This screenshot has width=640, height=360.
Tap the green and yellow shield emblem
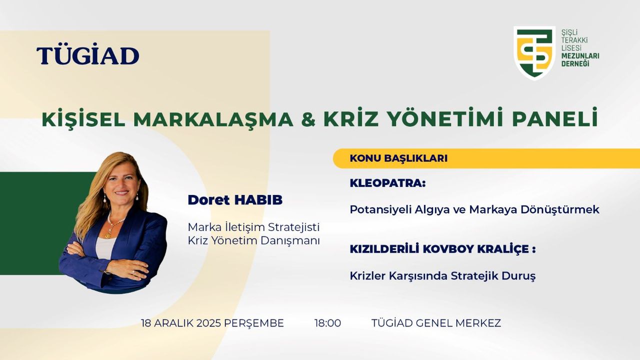click(534, 53)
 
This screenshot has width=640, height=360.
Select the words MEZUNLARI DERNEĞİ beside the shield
click(580, 59)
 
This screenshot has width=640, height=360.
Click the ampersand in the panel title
click(308, 119)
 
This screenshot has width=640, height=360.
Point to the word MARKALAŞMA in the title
click(213, 119)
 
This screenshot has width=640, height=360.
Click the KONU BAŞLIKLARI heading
click(398, 158)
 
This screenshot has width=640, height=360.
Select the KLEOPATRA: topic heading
click(387, 183)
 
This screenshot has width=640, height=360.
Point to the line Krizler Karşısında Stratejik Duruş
click(442, 276)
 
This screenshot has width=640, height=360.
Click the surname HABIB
click(258, 200)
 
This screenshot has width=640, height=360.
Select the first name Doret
click(209, 200)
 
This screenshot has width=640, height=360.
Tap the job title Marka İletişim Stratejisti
click(253, 227)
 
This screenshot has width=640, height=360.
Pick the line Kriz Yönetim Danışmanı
click(253, 241)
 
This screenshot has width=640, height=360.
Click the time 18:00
click(327, 323)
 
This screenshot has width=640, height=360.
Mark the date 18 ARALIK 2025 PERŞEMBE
click(212, 323)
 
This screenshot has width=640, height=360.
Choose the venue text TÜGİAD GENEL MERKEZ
click(436, 323)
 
